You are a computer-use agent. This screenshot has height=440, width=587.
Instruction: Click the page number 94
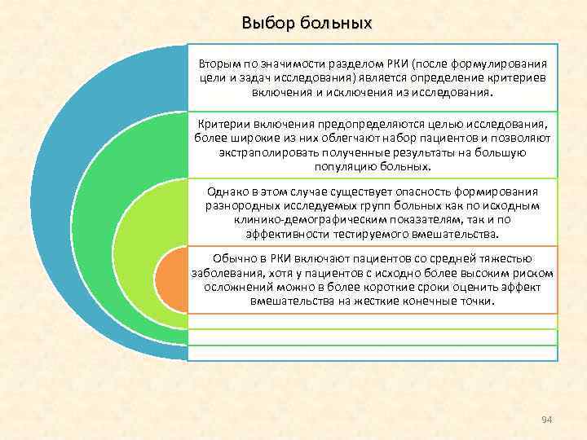coord(547,419)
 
